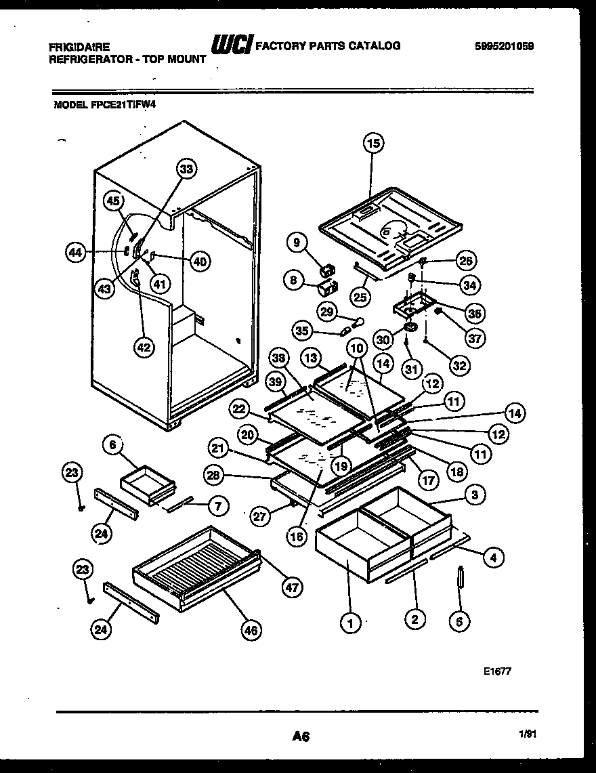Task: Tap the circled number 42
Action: [x=144, y=348]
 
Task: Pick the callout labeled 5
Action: [x=459, y=621]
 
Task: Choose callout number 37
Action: [x=477, y=337]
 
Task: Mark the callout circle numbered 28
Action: [x=214, y=477]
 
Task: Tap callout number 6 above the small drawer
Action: [x=114, y=444]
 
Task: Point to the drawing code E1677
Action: [x=498, y=671]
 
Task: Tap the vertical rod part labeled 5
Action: [x=459, y=580]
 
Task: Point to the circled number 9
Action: [x=296, y=241]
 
